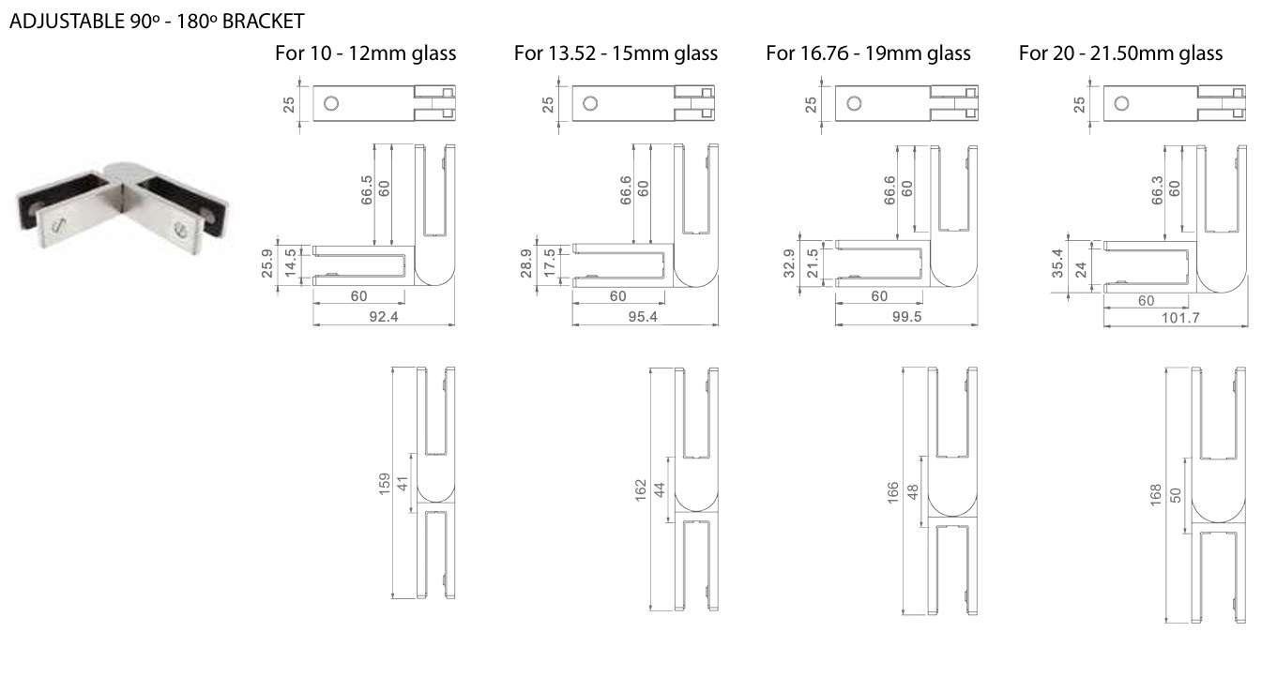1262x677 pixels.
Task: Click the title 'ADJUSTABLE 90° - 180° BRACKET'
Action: [157, 22]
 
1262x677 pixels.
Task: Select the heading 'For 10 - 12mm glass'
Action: [366, 53]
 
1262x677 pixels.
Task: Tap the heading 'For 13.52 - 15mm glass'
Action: [616, 53]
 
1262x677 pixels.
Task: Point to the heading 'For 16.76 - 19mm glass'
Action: [868, 53]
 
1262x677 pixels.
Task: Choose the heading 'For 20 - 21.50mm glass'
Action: [1120, 53]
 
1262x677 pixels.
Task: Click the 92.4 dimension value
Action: [384, 317]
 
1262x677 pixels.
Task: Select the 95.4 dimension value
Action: [643, 317]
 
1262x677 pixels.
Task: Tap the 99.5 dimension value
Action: [907, 317]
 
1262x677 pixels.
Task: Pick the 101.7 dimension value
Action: [1181, 318]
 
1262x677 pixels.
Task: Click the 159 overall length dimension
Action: [385, 485]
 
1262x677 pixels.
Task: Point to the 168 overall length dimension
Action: [1156, 496]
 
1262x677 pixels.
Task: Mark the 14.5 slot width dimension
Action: [291, 263]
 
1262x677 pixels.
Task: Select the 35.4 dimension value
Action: [1057, 263]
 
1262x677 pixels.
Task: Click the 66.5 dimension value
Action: [367, 189]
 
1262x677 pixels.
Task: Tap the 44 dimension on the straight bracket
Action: [660, 490]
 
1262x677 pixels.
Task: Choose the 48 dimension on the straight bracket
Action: [913, 491]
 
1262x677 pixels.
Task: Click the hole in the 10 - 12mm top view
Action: [331, 104]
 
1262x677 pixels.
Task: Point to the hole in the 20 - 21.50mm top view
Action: [1121, 104]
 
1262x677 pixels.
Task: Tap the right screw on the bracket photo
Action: [181, 231]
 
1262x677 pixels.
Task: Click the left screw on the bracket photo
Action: [58, 225]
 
